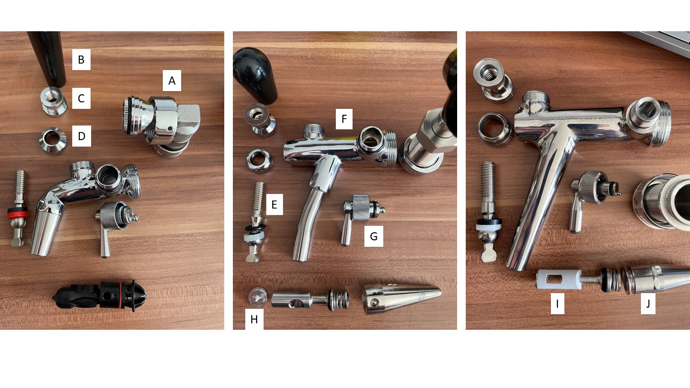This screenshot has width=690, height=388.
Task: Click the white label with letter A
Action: (x=172, y=81)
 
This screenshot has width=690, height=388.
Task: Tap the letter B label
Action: (x=81, y=59)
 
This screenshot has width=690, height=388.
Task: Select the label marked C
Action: (x=81, y=98)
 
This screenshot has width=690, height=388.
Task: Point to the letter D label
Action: (x=81, y=136)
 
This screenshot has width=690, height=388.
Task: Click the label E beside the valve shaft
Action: (x=274, y=204)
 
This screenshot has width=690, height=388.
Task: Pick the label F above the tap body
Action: (x=344, y=119)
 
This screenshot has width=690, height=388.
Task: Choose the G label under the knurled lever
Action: (x=374, y=236)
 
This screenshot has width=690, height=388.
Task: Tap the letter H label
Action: (x=254, y=320)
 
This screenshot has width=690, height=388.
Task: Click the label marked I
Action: (x=557, y=303)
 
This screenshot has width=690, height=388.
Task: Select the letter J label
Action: (x=648, y=303)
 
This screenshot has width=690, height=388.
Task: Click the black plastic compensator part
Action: (x=99, y=296)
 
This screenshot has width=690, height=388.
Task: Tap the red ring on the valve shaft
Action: (x=18, y=213)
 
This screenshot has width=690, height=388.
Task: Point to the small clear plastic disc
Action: (x=258, y=296)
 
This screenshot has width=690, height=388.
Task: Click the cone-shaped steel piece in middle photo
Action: (x=402, y=298)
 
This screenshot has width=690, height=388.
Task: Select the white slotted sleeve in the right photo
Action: (x=559, y=279)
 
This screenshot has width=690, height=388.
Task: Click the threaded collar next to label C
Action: (x=54, y=102)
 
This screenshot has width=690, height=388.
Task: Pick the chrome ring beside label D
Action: (x=53, y=141)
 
